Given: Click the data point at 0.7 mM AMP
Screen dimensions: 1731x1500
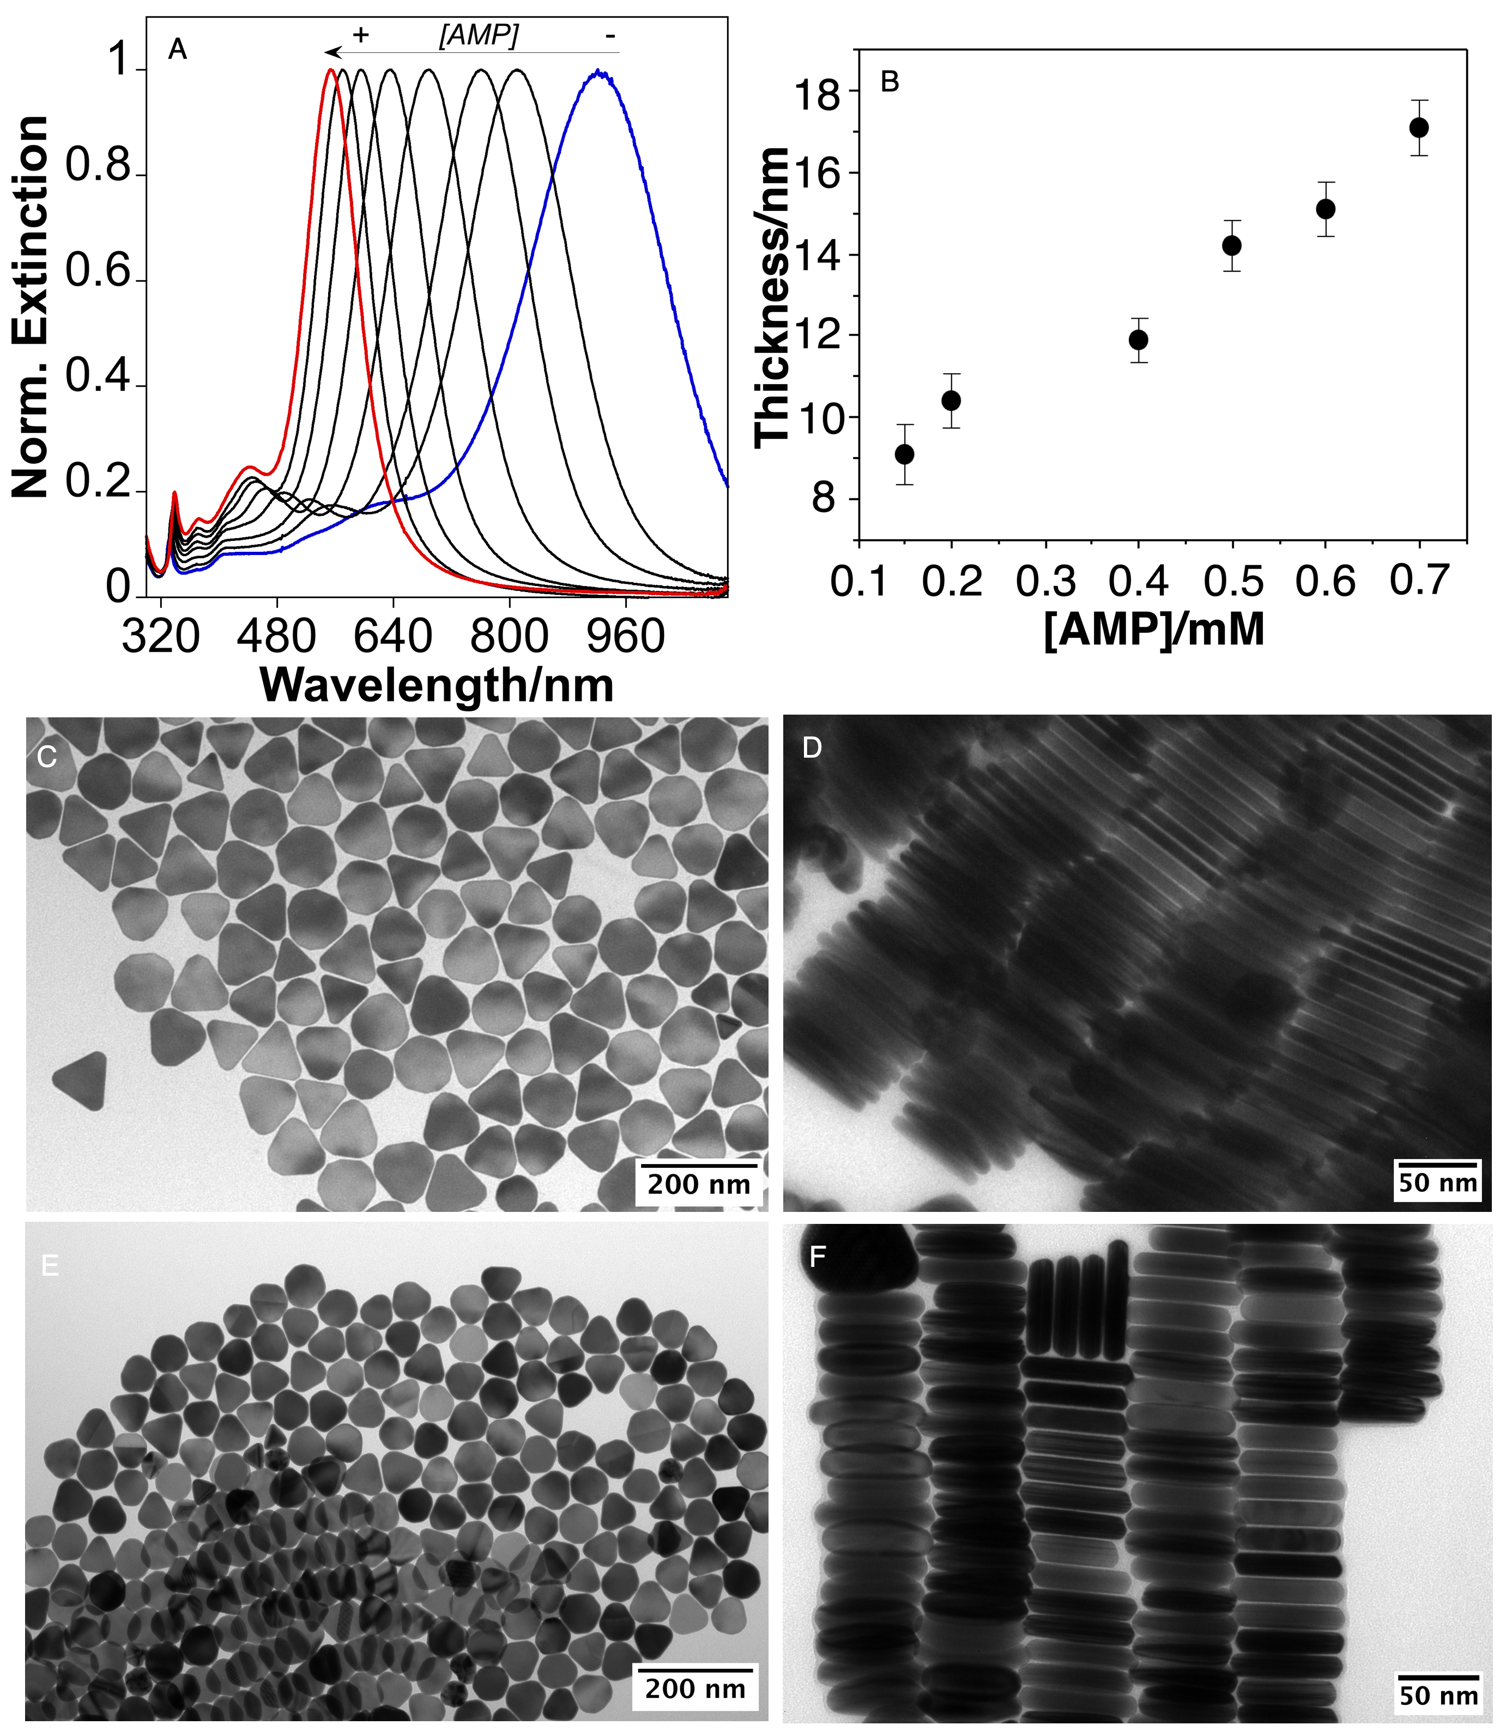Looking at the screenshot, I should (1419, 128).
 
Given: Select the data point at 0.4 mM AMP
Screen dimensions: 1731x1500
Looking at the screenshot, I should (1139, 340).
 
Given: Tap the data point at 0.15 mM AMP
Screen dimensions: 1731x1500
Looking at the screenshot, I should (904, 454).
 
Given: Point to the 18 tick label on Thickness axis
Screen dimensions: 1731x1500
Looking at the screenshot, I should (817, 95).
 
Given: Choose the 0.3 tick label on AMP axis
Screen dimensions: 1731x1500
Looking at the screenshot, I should (1045, 581).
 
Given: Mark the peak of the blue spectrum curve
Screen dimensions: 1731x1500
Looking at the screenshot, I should (597, 72).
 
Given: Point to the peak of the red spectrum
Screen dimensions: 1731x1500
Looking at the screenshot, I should (331, 70).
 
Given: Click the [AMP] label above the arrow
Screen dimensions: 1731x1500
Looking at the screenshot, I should (479, 35).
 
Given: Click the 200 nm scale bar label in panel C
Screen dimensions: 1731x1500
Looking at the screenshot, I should (698, 1184).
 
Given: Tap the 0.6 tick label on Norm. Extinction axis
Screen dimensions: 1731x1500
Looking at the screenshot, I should (99, 273).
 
